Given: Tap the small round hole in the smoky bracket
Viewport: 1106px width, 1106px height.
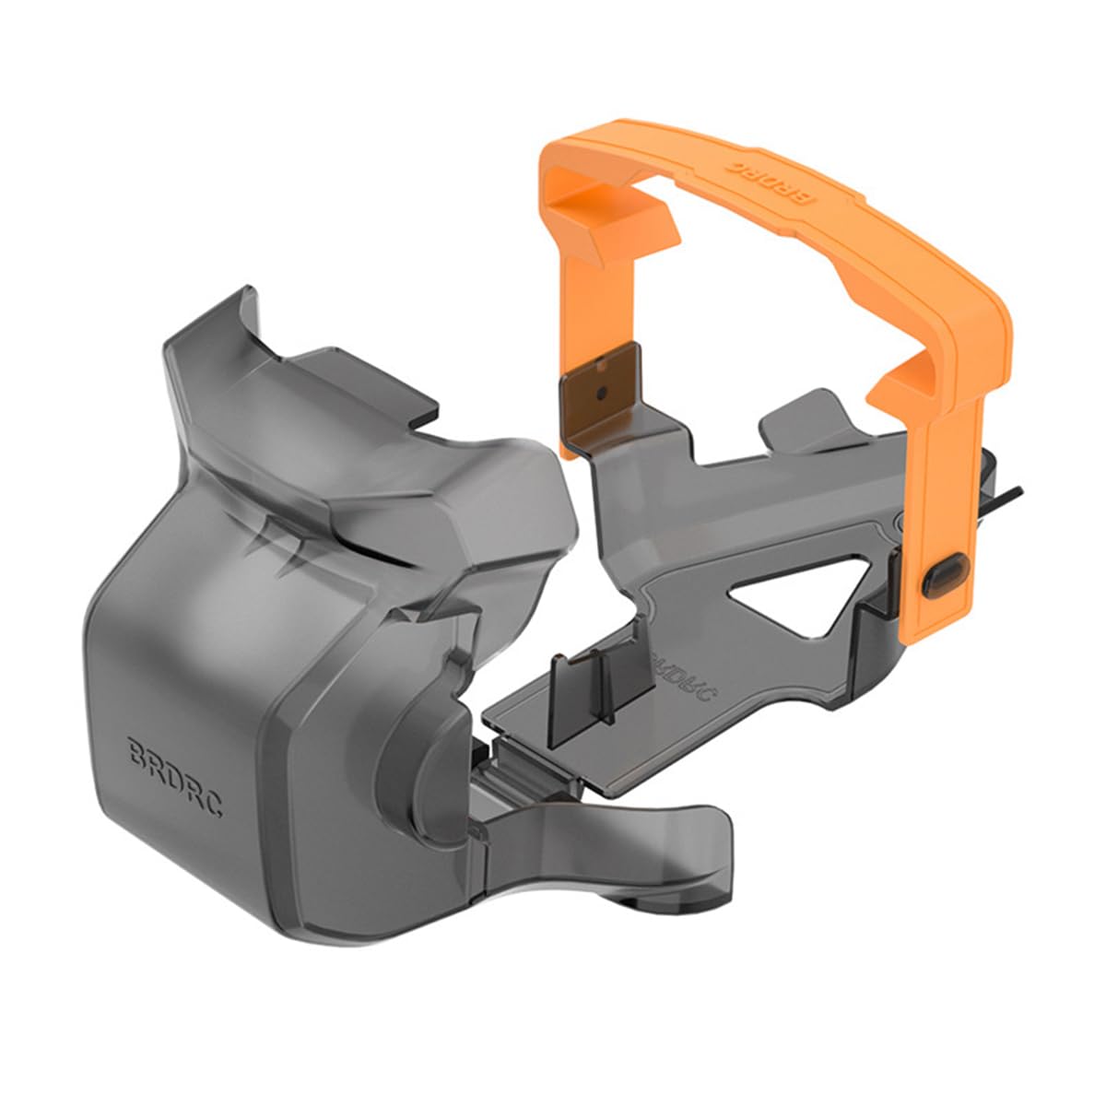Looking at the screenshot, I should pyautogui.click(x=601, y=394).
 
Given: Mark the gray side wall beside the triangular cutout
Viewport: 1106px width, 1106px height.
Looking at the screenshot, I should pyautogui.click(x=876, y=636).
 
